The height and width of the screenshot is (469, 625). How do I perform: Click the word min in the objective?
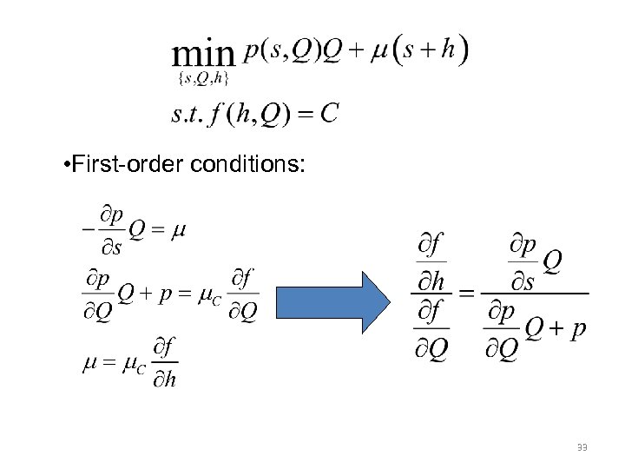tap(203, 56)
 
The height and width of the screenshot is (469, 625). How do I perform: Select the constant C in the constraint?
tap(328, 114)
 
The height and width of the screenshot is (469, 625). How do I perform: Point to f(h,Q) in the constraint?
tap(257, 114)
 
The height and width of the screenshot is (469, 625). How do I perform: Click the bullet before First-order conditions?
tap(68, 165)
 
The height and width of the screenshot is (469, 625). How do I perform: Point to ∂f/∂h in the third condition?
tap(164, 364)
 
